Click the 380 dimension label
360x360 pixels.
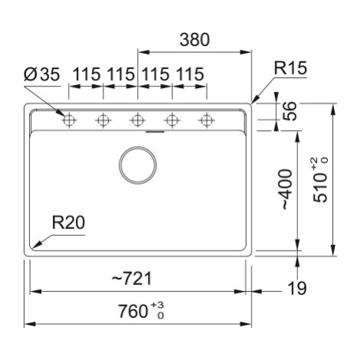click(x=195, y=40)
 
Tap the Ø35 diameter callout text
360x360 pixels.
click(x=42, y=74)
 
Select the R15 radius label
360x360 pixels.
click(x=290, y=68)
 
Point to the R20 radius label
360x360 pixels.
click(x=68, y=222)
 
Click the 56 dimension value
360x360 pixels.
click(x=290, y=111)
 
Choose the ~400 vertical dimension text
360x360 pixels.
click(x=287, y=189)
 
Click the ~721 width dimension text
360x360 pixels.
click(x=132, y=278)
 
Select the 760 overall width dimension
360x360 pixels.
click(x=133, y=312)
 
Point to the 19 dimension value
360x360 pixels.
click(x=297, y=288)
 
